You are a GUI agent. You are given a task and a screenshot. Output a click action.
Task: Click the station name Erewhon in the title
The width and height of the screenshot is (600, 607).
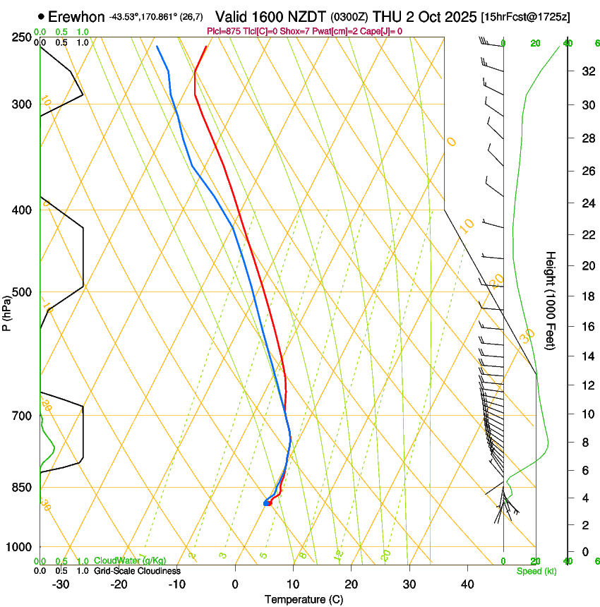click(x=77, y=16)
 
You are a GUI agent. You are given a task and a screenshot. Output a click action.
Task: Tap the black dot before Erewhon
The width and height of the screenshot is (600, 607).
click(x=42, y=16)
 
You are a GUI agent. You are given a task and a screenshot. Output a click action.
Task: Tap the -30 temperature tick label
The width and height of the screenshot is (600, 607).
click(x=61, y=584)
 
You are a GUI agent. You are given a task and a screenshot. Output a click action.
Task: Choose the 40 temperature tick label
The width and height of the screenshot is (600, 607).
click(x=467, y=584)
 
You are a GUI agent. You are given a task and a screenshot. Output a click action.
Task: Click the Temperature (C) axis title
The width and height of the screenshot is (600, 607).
click(x=304, y=599)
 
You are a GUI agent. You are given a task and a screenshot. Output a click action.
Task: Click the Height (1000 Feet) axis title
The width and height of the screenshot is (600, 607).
click(x=551, y=301)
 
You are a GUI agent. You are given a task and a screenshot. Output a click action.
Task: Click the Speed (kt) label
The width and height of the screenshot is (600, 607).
click(x=536, y=571)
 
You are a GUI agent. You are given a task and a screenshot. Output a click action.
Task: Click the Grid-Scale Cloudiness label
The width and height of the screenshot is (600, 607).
click(x=137, y=571)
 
